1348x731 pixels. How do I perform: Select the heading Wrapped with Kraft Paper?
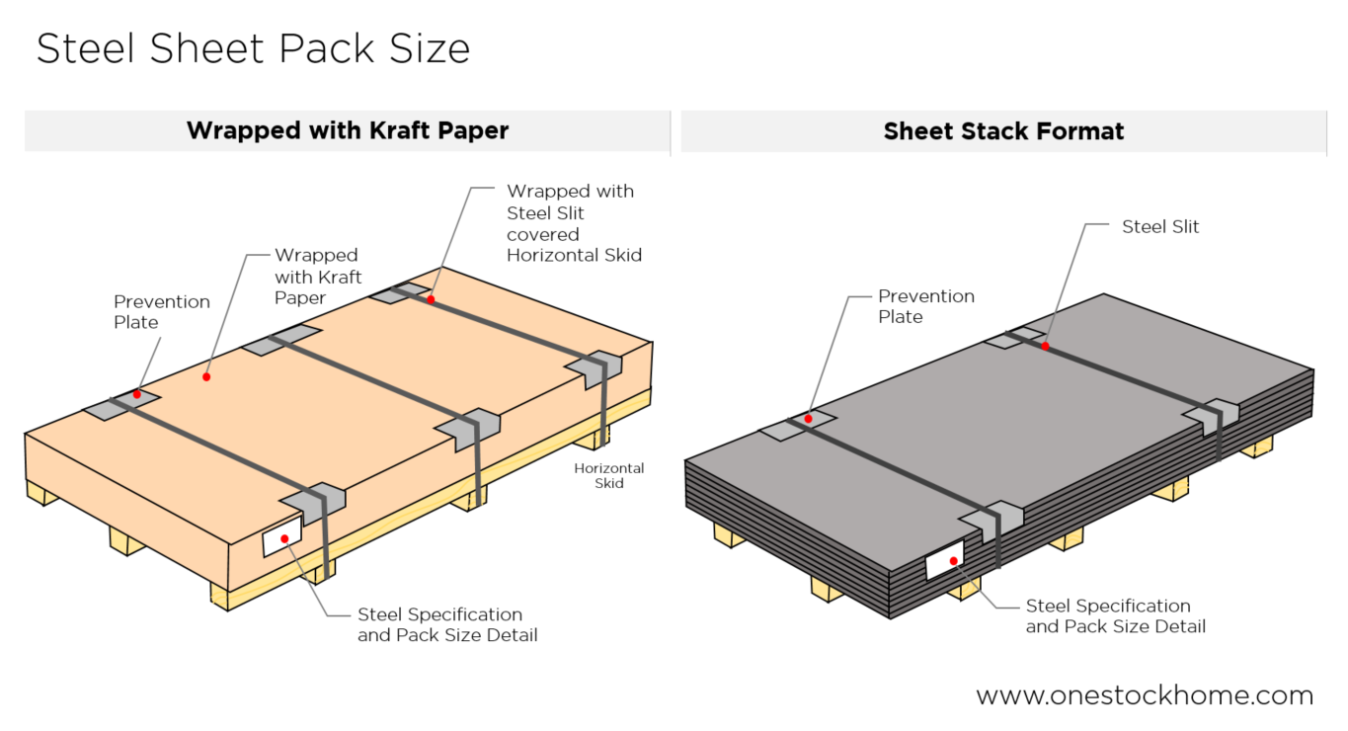(348, 130)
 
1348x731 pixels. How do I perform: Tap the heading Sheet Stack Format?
(1003, 130)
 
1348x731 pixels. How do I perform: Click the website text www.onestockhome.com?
(1145, 695)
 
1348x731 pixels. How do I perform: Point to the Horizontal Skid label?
(609, 475)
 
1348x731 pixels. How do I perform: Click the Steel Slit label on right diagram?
(1160, 226)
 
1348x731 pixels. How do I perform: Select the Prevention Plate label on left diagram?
(162, 311)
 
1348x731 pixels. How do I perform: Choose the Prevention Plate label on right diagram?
(926, 306)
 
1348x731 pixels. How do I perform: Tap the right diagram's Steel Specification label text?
(1115, 615)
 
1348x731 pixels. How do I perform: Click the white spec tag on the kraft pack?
(281, 536)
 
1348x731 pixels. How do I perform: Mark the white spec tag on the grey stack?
(945, 560)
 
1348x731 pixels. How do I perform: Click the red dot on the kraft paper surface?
(207, 376)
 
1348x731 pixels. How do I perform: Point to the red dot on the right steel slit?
(1044, 346)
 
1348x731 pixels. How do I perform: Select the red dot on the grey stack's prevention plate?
(808, 419)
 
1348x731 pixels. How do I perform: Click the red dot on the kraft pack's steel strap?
(431, 298)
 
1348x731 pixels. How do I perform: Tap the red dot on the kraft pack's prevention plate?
(137, 395)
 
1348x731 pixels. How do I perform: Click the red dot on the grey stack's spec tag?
(954, 561)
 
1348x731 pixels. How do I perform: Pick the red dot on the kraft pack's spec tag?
(284, 538)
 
